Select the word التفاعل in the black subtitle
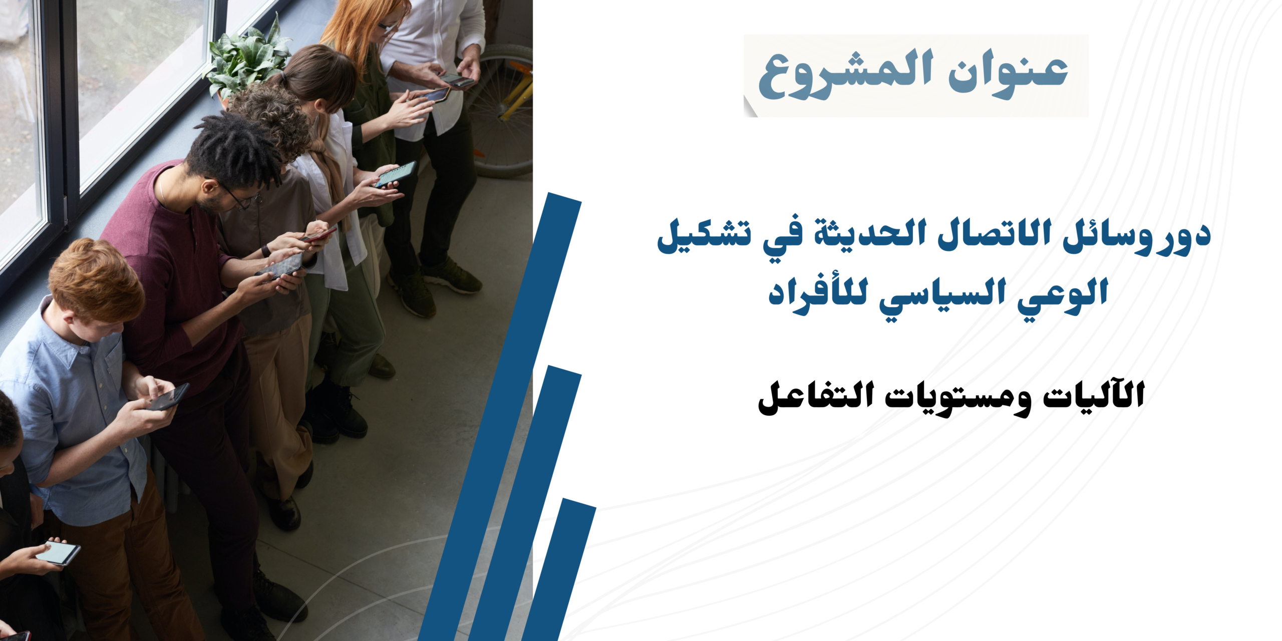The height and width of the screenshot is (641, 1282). tap(816, 398)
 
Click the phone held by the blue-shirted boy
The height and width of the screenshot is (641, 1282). tap(168, 397)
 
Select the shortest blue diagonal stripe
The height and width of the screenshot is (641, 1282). tap(559, 569)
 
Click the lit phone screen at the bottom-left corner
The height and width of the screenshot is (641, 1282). tap(58, 552)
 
